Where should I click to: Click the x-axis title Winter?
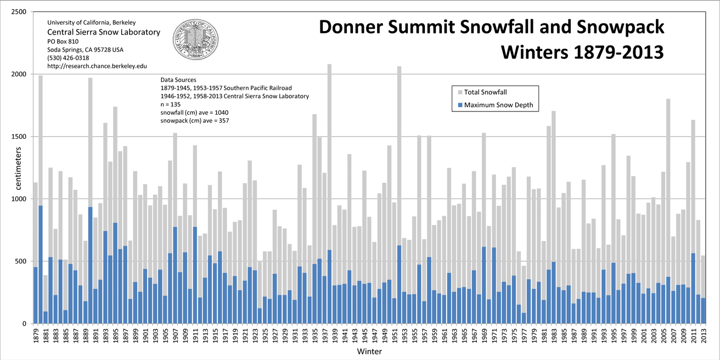tap(369, 351)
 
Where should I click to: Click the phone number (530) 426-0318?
tap(68, 58)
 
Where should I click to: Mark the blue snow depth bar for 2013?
tap(703, 311)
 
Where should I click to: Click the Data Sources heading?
tap(178, 80)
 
